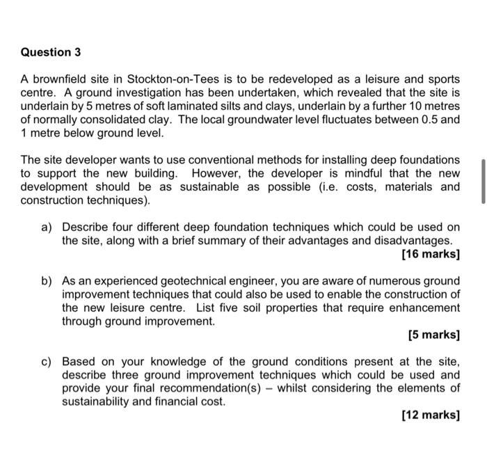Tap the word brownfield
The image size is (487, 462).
[x=57, y=80]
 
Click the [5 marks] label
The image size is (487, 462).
[x=433, y=335]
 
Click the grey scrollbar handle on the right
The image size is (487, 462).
[x=482, y=181]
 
